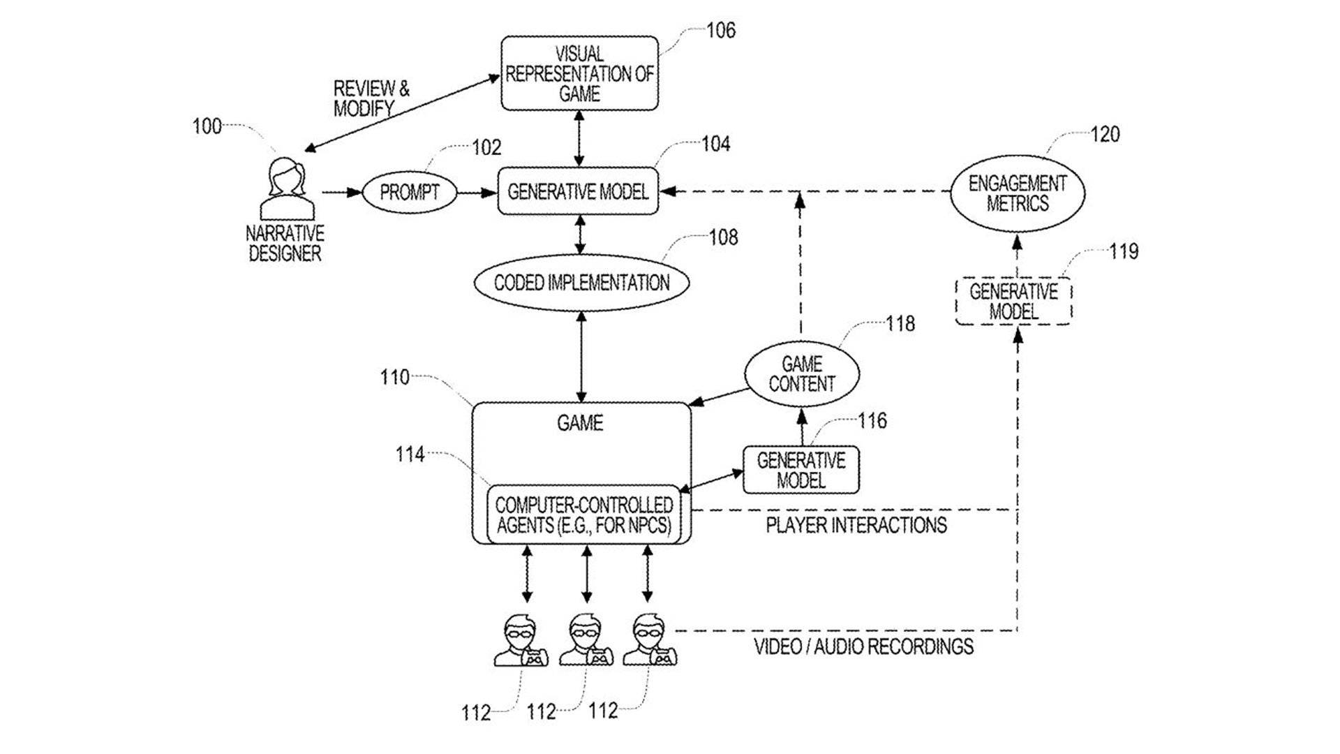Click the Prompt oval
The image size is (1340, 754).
[409, 192]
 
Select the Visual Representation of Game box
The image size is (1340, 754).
[579, 73]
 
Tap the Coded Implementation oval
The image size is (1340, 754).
[581, 283]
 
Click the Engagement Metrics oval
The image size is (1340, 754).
[1018, 193]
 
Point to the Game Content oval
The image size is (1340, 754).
[802, 374]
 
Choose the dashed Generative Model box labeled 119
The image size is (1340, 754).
[1013, 301]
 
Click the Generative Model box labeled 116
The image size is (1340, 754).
[801, 470]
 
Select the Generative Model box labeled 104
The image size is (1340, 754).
[578, 191]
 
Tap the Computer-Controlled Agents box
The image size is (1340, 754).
[583, 515]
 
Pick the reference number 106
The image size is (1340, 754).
[720, 31]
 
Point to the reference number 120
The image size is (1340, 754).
[1104, 134]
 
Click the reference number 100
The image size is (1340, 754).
[207, 126]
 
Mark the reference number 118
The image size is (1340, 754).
[900, 324]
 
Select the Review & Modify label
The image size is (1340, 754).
[371, 98]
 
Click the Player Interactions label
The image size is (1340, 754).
[856, 525]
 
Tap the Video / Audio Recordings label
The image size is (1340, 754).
[863, 646]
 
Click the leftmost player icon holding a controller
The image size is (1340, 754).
[521, 640]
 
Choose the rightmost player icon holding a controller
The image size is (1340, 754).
[650, 640]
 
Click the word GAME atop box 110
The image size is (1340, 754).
[580, 423]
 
